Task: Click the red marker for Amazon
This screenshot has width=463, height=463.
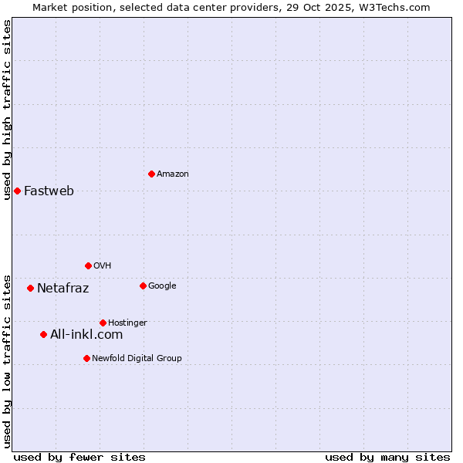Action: (x=151, y=174)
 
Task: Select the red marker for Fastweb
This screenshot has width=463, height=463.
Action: (x=17, y=191)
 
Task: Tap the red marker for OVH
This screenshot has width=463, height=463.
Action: (x=88, y=265)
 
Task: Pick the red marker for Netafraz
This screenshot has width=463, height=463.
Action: (x=30, y=288)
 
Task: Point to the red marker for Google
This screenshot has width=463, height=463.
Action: (x=143, y=286)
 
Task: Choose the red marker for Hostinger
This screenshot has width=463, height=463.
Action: (x=103, y=323)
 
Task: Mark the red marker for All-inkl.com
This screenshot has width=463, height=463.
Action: (x=43, y=334)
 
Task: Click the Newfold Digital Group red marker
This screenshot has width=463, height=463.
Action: (x=86, y=358)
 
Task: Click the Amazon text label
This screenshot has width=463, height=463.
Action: (x=173, y=174)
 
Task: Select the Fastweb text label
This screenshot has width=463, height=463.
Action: (x=49, y=191)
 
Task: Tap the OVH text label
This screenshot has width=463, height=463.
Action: (x=103, y=266)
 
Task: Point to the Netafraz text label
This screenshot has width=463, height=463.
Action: (x=63, y=289)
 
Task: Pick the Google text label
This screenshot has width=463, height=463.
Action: (x=162, y=286)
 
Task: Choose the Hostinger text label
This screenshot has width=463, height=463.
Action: (x=127, y=323)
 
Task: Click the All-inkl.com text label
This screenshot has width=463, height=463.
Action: (x=86, y=335)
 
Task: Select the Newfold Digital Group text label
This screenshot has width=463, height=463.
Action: (x=137, y=359)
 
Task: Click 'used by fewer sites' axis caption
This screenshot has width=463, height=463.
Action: (x=79, y=457)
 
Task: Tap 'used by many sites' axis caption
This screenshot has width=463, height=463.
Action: (x=387, y=457)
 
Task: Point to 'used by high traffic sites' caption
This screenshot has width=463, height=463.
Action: (x=8, y=110)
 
